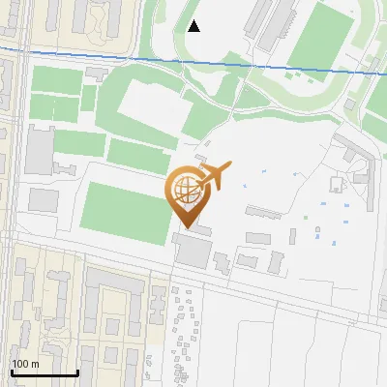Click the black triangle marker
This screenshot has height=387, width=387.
pyautogui.click(x=193, y=26)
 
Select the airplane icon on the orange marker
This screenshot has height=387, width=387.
pyautogui.click(x=214, y=176)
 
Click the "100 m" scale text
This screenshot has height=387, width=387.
pyautogui.click(x=26, y=364)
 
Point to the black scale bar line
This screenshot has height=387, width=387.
pyautogui.click(x=44, y=372)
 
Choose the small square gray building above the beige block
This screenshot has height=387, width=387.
pyautogui.click(x=43, y=200)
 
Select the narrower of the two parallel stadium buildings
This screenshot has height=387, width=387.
pyautogui.click(x=253, y=18)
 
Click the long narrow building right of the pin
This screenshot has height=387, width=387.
pyautogui.click(x=263, y=211)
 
